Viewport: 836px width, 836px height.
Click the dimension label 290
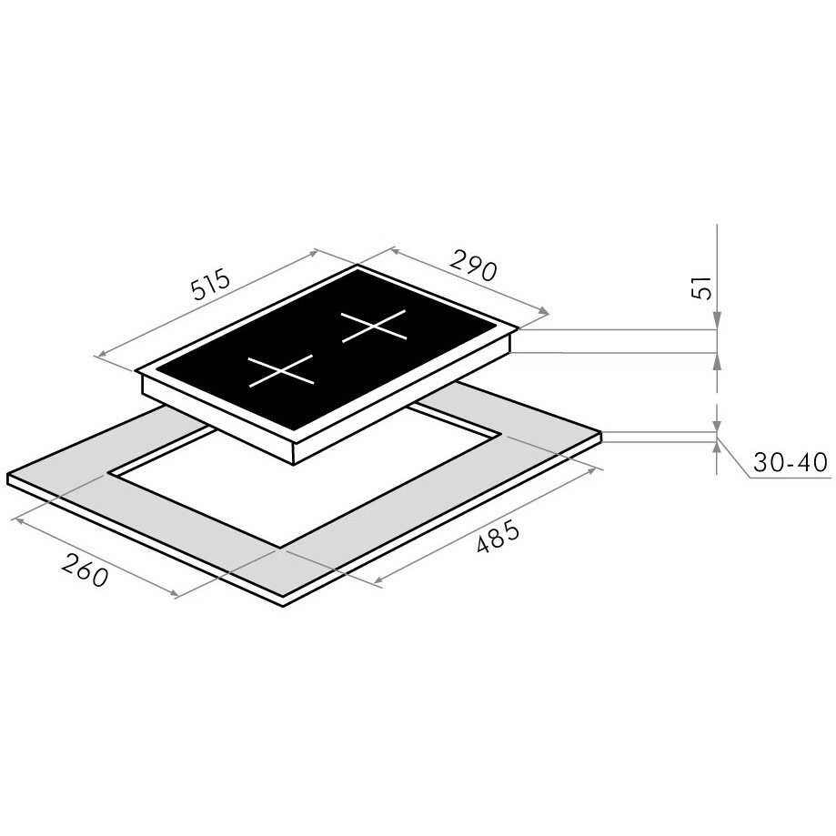(473, 265)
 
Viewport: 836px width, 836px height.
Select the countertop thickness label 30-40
(790, 462)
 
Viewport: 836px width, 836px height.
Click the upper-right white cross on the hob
(374, 326)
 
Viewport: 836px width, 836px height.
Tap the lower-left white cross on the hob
(281, 369)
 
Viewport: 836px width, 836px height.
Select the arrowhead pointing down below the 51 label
(717, 321)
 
